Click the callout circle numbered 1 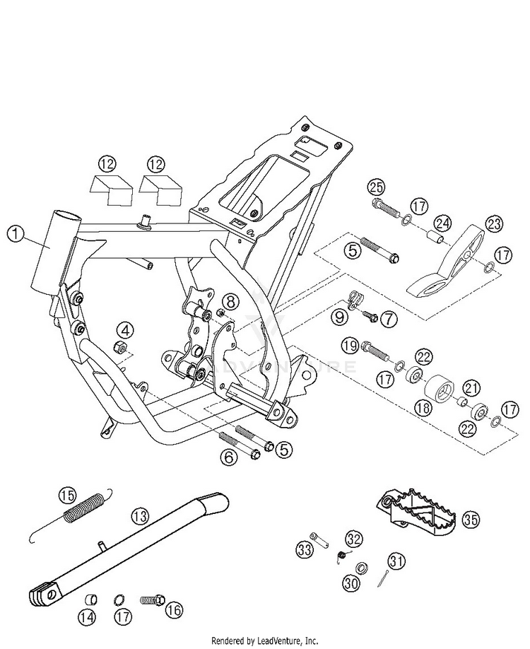point(16,234)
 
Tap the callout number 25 point(377,187)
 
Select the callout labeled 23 point(494,224)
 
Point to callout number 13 point(140,515)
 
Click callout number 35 point(471,519)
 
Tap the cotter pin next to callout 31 point(384,578)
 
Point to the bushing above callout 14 point(91,599)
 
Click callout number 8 point(230,302)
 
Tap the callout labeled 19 point(350,346)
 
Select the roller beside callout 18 point(440,388)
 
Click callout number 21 point(472,388)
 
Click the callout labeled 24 point(443,224)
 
